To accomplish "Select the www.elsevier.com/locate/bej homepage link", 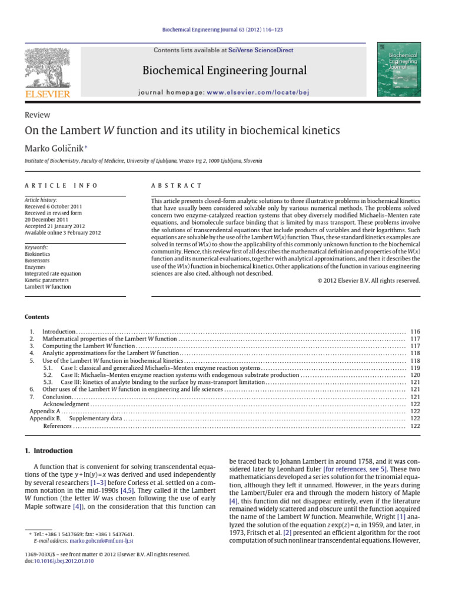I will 258,92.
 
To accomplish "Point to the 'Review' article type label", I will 37,115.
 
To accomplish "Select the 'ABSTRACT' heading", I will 176,185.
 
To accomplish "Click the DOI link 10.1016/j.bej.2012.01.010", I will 64,561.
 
